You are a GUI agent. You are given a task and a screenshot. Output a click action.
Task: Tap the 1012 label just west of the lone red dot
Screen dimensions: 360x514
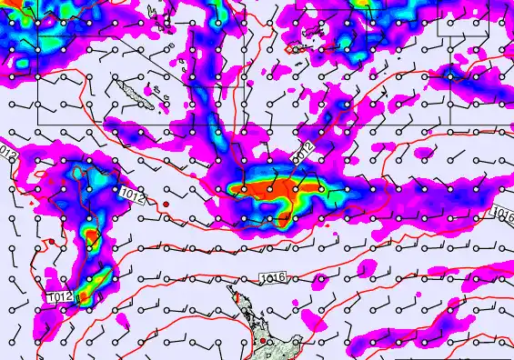click(132, 195)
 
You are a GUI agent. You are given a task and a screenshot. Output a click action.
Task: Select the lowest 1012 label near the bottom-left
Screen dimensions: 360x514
click(59, 296)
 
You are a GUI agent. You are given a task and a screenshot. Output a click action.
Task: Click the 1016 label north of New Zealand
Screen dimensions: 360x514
click(272, 277)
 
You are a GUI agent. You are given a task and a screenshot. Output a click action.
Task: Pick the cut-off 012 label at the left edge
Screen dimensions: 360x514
click(6, 153)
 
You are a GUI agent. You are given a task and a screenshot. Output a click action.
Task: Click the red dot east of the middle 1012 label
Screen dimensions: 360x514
click(167, 204)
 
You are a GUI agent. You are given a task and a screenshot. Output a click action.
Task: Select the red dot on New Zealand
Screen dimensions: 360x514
click(263, 341)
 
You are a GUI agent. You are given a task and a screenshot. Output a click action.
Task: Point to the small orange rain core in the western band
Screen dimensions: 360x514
click(91, 239)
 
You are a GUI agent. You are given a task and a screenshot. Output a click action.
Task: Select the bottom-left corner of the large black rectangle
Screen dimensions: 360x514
click(37, 123)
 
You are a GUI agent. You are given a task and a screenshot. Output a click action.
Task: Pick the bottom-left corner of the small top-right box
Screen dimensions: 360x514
click(438, 35)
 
